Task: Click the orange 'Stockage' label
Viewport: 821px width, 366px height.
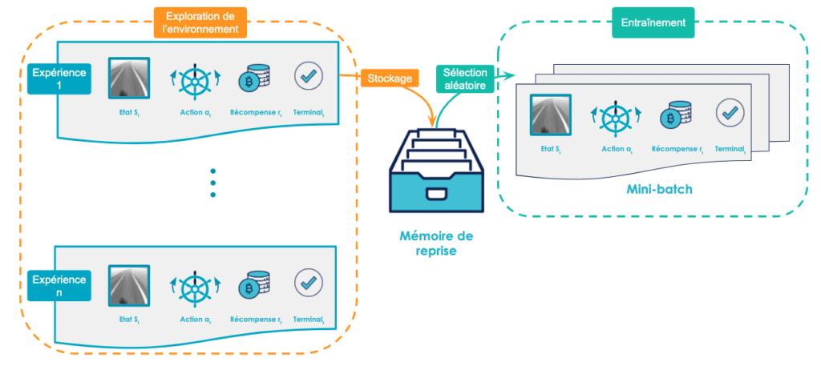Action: coord(390,78)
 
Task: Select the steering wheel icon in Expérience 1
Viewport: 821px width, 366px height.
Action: coord(195,81)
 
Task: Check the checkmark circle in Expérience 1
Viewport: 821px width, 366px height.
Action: coord(308,77)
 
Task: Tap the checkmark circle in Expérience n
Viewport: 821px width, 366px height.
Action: coord(308,283)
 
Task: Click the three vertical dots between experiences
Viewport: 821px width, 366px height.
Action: coord(213,183)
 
